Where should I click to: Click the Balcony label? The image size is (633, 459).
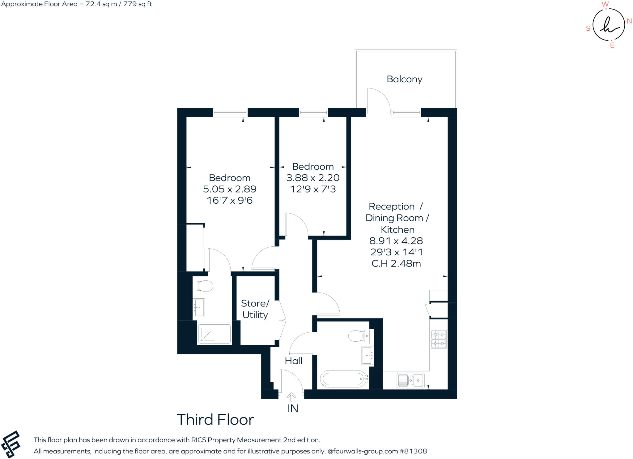(404, 79)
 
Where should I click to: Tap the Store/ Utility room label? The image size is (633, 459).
(255, 309)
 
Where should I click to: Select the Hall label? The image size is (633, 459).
(293, 361)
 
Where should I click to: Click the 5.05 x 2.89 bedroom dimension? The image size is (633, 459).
(229, 189)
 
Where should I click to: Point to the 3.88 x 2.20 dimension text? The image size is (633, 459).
(313, 178)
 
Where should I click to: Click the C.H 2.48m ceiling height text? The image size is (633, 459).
(396, 263)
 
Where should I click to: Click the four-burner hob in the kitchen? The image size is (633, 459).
(439, 339)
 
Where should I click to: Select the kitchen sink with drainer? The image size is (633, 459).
(410, 380)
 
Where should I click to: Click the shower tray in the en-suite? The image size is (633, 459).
(214, 334)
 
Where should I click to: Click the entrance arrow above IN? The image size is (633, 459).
(291, 397)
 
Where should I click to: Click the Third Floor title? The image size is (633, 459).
(215, 420)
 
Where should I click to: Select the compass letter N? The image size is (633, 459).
(629, 21)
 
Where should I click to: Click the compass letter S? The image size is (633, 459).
(588, 28)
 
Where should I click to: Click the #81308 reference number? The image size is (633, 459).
(413, 451)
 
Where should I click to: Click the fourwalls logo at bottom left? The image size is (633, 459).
(11, 444)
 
